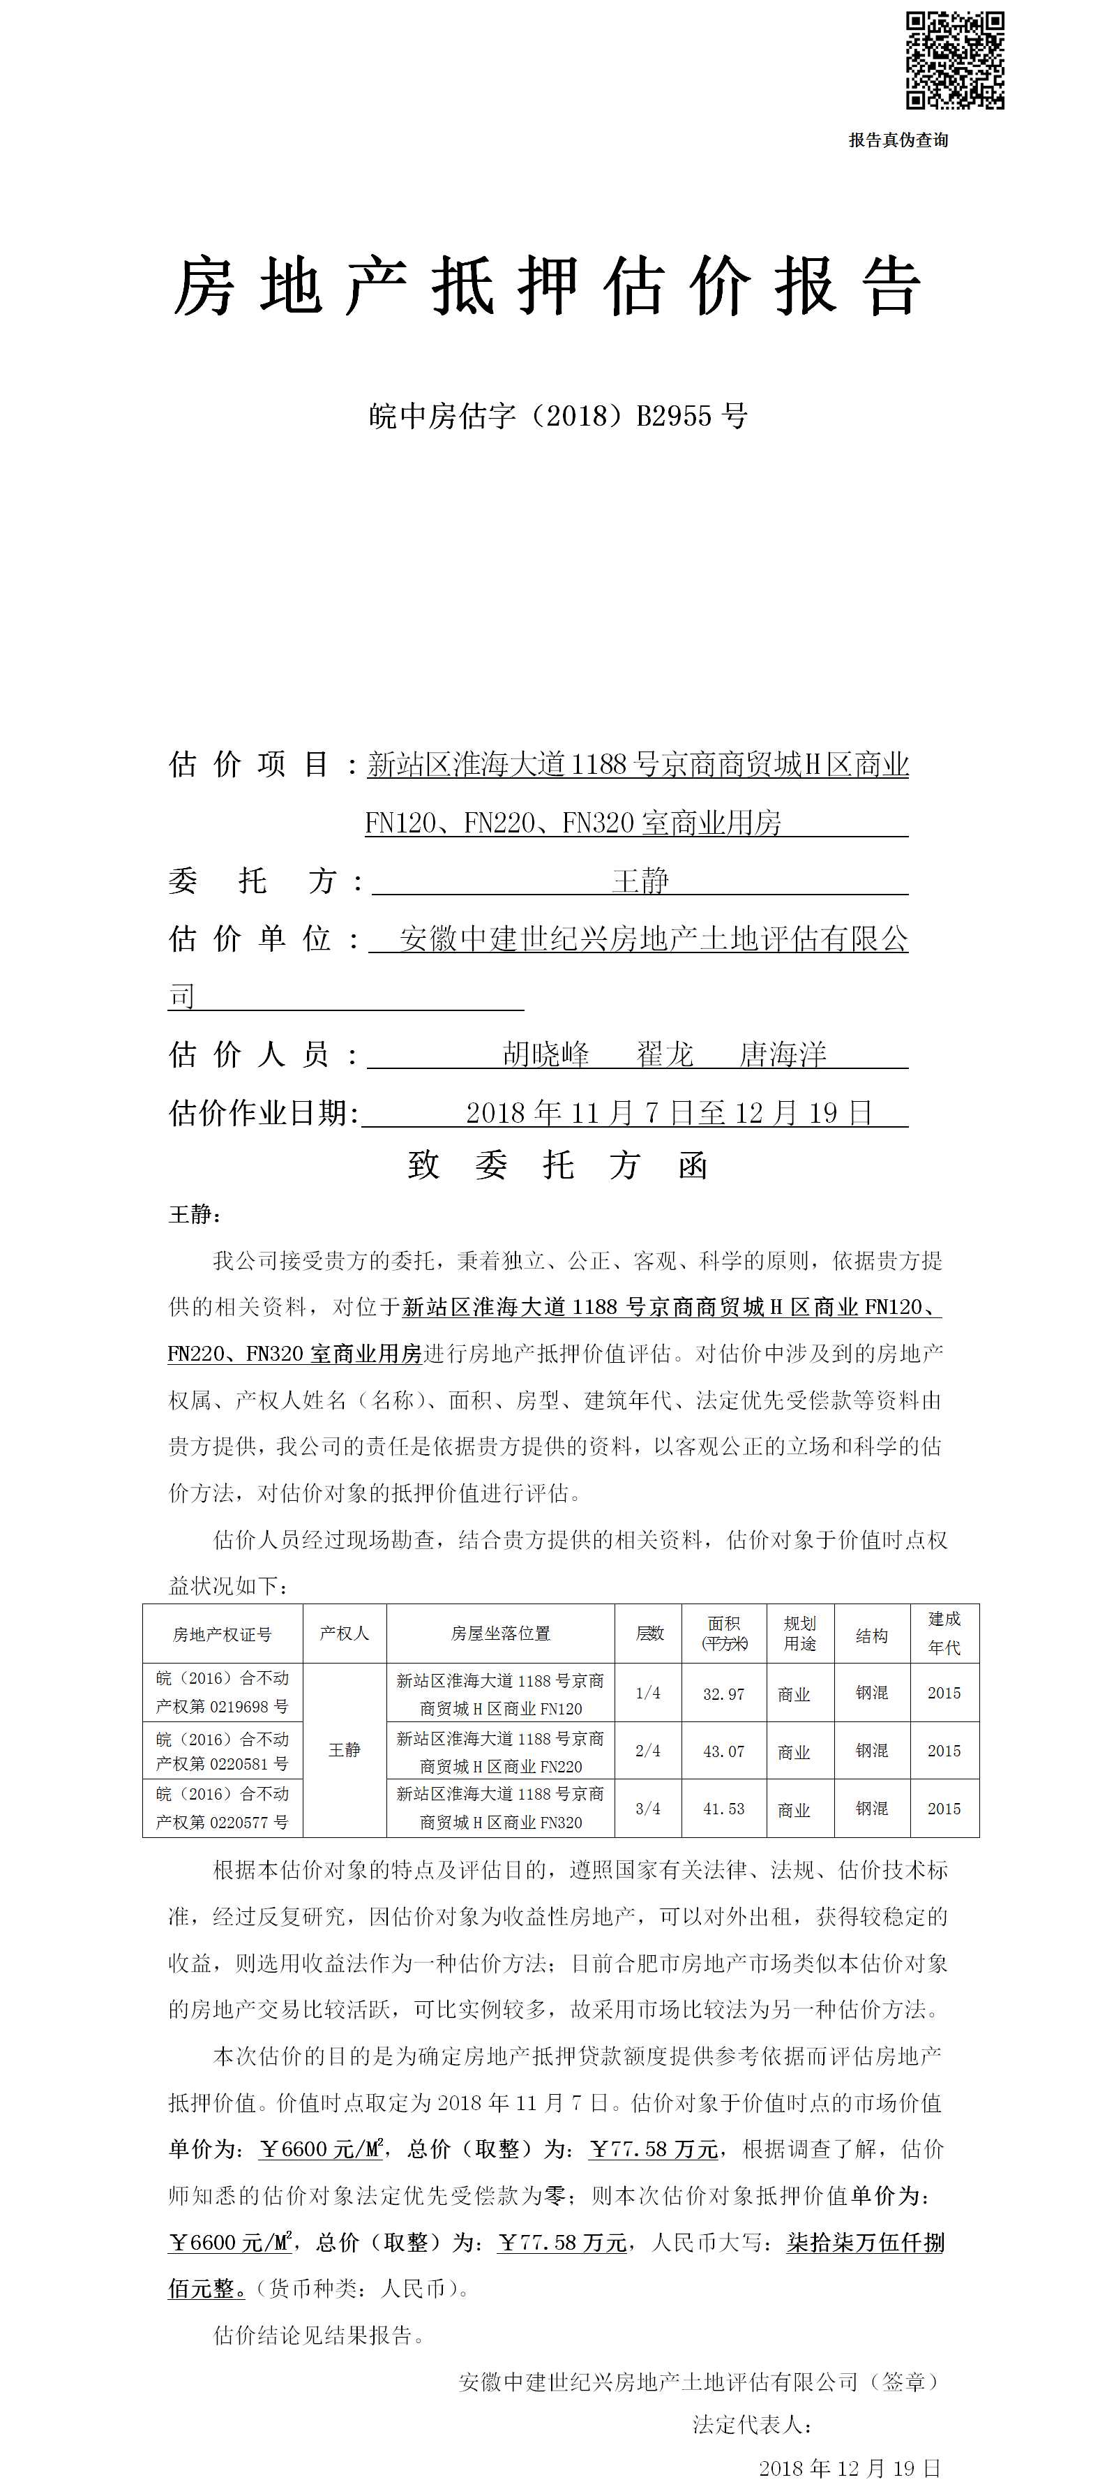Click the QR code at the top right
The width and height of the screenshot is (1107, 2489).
(954, 60)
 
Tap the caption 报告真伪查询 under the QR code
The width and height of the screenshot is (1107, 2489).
(898, 140)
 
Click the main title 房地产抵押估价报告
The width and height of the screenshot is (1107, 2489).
(547, 287)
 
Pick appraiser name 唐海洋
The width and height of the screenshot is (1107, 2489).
(783, 1054)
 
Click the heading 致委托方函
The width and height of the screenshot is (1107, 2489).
(557, 1165)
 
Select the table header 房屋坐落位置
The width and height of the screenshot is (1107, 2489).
(500, 1633)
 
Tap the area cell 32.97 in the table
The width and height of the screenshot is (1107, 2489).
(723, 1694)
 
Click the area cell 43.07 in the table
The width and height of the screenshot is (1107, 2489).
(723, 1751)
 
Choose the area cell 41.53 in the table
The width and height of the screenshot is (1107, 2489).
(723, 1809)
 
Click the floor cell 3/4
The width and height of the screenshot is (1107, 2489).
(648, 1809)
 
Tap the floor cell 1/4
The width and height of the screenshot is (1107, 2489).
(648, 1694)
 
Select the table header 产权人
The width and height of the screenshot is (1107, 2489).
(344, 1633)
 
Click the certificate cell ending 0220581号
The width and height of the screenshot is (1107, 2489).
(223, 1751)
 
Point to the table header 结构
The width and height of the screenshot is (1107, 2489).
(871, 1635)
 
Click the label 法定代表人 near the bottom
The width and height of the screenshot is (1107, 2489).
(751, 2424)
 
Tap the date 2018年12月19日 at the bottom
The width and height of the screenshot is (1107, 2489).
(849, 2469)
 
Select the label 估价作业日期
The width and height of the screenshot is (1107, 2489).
(263, 1113)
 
